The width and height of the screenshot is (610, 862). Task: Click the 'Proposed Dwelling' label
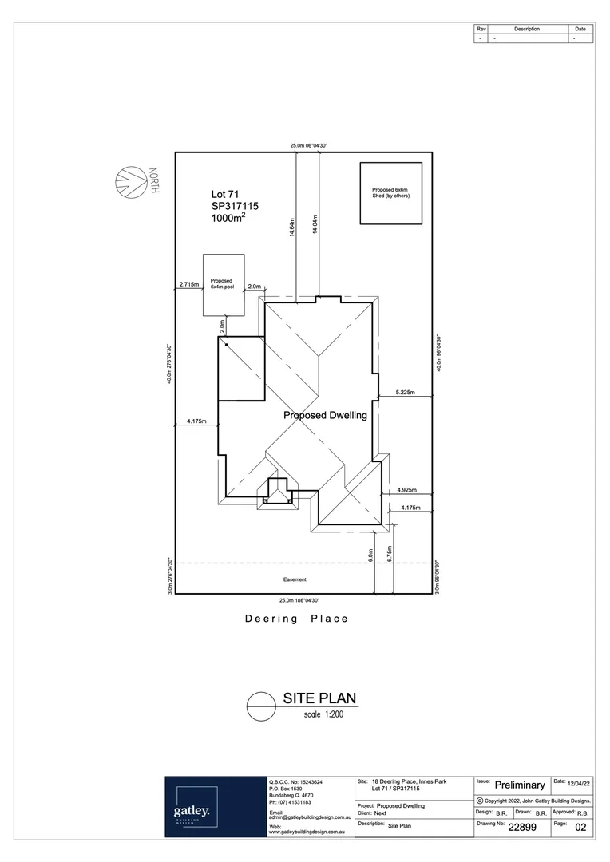pos(325,416)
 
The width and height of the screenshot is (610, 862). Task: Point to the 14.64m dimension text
pos(293,230)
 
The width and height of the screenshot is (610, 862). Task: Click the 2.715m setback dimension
pos(189,284)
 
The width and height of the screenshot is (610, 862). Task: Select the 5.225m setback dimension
pos(406,392)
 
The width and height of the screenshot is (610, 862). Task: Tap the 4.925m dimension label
pos(407,489)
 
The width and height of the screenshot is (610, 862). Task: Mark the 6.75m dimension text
pos(389,556)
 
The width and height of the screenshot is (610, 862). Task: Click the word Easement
pos(295,579)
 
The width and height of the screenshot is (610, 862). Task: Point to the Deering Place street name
pos(296,619)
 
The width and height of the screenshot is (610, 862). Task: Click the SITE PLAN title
pos(320,698)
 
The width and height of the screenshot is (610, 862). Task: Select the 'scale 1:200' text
pos(323,714)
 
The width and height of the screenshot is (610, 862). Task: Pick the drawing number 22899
pos(528,828)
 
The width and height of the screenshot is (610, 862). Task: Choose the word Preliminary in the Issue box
pos(520,785)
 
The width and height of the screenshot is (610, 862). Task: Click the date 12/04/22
pos(576,785)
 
